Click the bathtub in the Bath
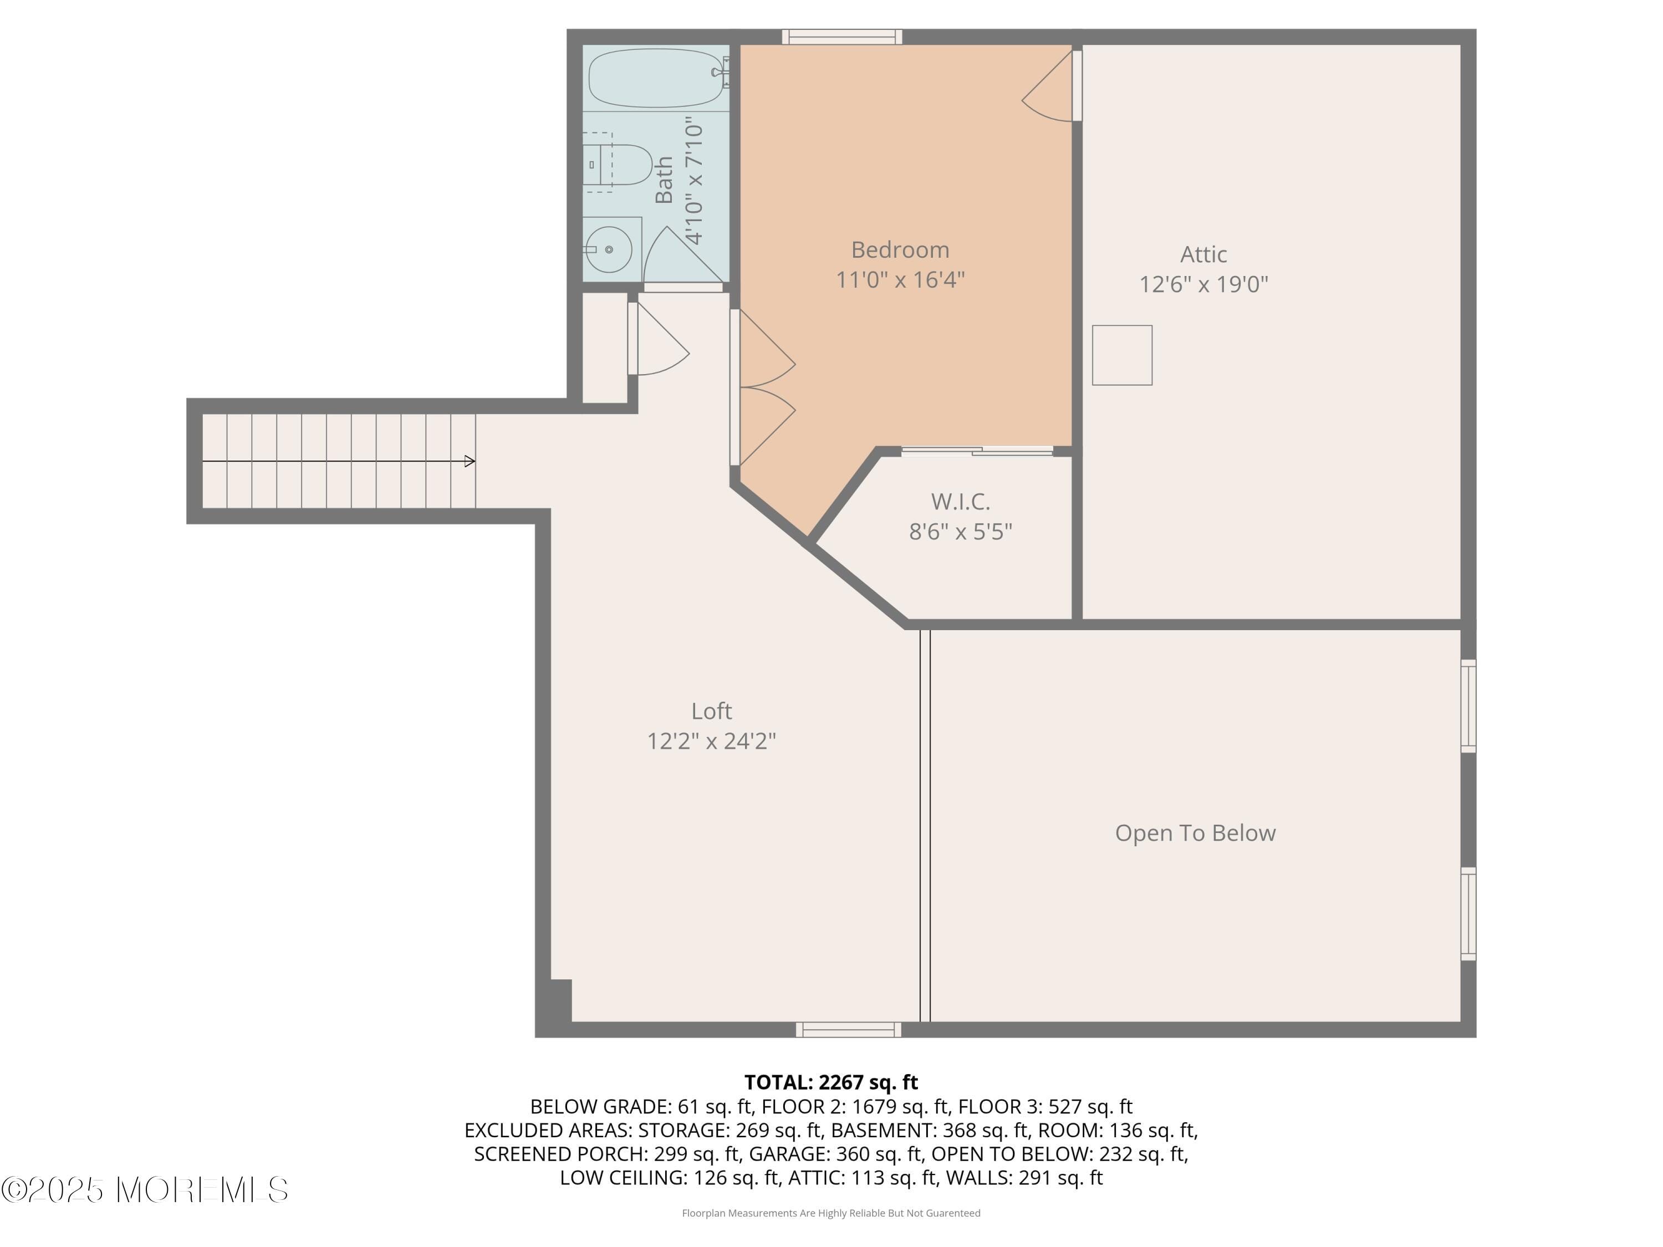(655, 78)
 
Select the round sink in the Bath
(609, 249)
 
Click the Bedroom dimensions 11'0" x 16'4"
(900, 280)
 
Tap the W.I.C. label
(960, 502)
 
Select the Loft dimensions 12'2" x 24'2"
(711, 741)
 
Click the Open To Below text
(1195, 833)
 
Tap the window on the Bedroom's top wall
(841, 36)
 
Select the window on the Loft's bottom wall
(848, 1030)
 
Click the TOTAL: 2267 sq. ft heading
(831, 1082)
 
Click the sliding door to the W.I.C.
(977, 451)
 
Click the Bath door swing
(680, 255)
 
